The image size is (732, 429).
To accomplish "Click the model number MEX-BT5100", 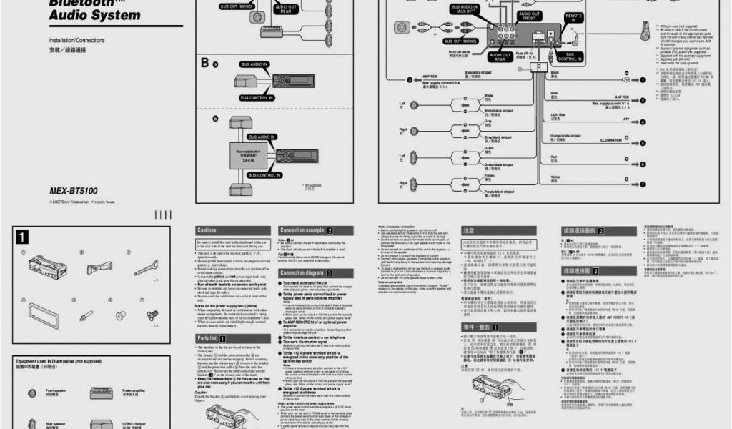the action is pos(73,191).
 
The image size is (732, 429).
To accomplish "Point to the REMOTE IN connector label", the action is pos(574,18).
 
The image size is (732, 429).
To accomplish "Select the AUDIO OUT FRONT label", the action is pos(530,16).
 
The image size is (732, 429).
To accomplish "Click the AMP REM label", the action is pos(430,77).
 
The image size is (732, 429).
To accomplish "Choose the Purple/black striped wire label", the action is pos(498,192).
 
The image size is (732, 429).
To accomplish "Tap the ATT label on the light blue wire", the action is pos(626,119).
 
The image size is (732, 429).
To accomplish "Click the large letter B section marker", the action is pos(204,64).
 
